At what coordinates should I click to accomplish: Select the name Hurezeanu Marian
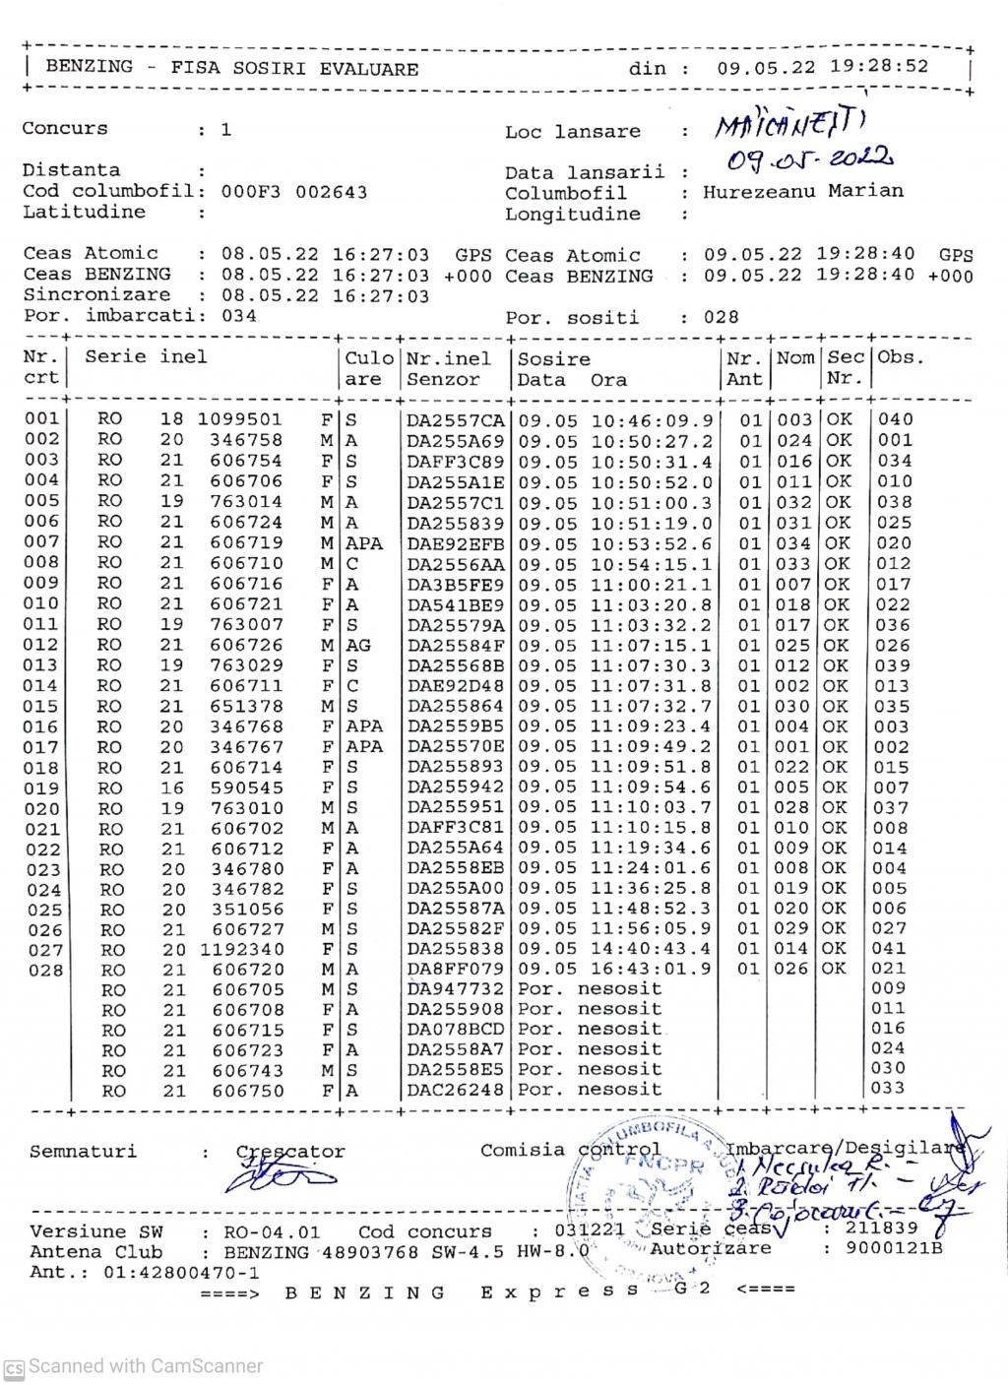802,191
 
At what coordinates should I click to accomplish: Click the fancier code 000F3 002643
294,192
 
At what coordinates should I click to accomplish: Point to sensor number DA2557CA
455,420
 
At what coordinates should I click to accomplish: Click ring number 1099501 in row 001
240,419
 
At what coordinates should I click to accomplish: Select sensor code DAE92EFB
455,543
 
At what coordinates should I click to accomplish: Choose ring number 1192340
240,950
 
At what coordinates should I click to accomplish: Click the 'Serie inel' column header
146,357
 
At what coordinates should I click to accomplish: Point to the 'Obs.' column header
901,357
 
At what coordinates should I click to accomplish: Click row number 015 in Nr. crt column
42,707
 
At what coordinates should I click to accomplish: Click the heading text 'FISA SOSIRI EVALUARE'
294,69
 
